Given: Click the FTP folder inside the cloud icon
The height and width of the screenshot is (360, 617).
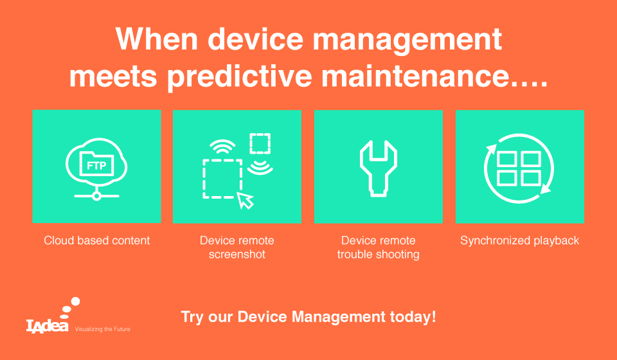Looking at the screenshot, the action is [x=96, y=164].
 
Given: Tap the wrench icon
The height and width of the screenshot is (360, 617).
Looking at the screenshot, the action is [x=378, y=168].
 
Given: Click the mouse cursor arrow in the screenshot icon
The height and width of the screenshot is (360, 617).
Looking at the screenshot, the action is [x=245, y=201].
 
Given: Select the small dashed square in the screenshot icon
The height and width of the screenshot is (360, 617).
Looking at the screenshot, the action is [x=260, y=143].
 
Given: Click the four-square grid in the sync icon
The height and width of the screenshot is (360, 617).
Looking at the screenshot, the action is [x=519, y=169].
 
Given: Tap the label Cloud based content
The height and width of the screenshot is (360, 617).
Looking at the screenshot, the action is [x=97, y=240].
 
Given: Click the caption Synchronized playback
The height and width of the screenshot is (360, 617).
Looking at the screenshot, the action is [x=519, y=240].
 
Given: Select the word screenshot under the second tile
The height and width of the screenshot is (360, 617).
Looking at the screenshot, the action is [x=237, y=254].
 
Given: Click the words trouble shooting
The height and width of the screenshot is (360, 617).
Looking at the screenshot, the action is [x=378, y=254].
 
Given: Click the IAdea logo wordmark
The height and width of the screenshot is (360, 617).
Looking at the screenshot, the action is [x=47, y=326].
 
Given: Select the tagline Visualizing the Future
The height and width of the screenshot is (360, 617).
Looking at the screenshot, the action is [x=102, y=329].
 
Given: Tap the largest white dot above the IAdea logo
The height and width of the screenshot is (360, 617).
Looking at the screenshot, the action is [x=75, y=301].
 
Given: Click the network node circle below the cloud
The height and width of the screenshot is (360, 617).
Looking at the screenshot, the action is [x=96, y=195].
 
